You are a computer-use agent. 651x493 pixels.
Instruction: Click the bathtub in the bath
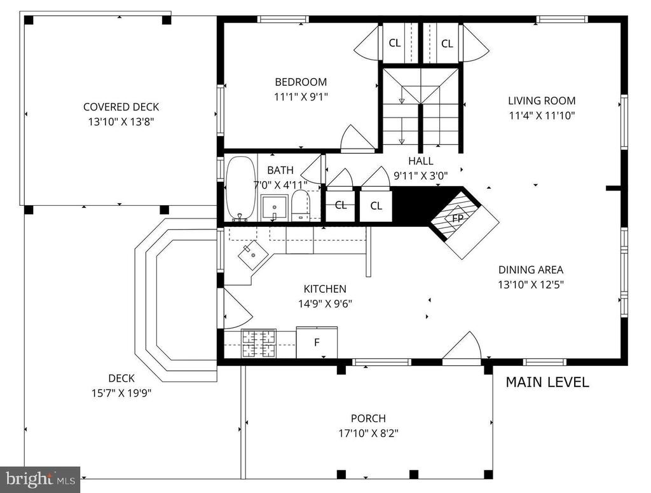240,189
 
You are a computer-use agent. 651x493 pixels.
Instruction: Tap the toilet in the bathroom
301,205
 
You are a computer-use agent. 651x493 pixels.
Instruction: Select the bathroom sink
274,208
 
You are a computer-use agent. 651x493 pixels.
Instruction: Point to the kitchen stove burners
259,343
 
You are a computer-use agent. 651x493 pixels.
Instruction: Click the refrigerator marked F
317,342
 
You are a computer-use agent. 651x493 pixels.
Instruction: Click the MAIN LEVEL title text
547,382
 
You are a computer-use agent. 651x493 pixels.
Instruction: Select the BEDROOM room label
301,82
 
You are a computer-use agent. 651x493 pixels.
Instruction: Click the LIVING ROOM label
542,100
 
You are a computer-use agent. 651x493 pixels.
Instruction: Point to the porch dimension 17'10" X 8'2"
368,433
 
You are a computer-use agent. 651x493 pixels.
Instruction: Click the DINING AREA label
531,270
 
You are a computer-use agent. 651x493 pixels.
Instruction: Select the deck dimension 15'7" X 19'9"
121,393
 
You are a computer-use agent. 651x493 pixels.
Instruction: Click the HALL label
421,161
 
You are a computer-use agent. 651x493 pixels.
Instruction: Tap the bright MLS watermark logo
40,479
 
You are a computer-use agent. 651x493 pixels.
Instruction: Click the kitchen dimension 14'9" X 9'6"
325,304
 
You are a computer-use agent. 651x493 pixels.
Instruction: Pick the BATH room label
280,170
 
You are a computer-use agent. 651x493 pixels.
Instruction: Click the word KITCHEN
325,289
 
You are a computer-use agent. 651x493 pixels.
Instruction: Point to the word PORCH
368,418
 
